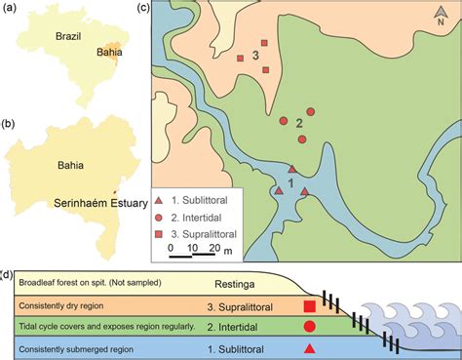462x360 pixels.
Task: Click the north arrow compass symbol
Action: (442, 19)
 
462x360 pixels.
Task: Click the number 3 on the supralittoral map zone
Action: (254, 56)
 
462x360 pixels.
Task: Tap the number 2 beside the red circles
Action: (300, 123)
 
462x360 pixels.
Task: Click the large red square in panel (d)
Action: (310, 306)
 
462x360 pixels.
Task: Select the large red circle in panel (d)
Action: (310, 327)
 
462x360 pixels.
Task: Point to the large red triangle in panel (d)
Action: (310, 348)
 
